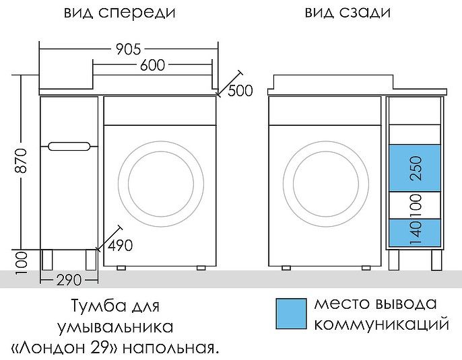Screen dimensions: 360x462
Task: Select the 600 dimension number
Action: click(153, 65)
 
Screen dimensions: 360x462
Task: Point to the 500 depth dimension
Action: click(240, 91)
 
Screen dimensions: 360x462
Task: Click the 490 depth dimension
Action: click(119, 245)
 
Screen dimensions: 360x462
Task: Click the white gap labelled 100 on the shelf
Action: click(416, 205)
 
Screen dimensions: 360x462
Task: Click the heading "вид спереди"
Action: click(121, 13)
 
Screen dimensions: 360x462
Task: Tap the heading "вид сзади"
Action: click(348, 13)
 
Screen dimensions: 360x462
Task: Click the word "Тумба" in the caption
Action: click(94, 307)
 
